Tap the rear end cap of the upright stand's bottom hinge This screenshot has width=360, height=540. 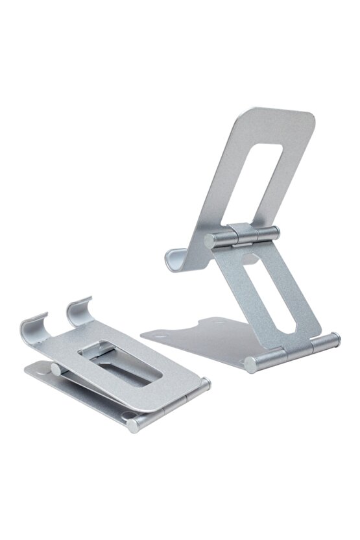tap(335, 338)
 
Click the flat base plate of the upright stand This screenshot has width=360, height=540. tap(195, 334)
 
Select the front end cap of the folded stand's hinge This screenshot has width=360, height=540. tap(134, 425)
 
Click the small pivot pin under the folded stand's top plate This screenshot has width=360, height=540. tap(56, 369)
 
